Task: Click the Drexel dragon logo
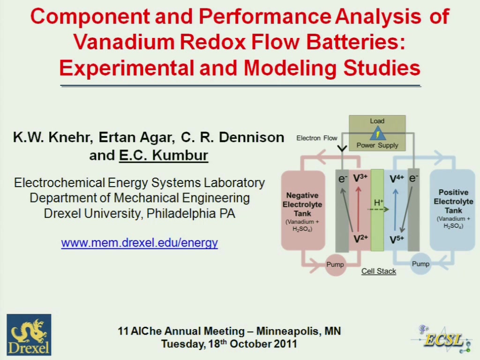click(29, 335)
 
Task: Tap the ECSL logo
click(443, 339)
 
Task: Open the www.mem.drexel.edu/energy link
click(139, 243)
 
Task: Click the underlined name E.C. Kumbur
click(164, 155)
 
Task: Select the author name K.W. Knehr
click(53, 137)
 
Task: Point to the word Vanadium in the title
click(124, 42)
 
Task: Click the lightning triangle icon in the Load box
click(377, 133)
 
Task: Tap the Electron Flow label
click(316, 138)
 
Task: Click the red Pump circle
click(335, 264)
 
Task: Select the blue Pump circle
click(420, 263)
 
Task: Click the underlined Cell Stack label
click(379, 271)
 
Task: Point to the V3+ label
click(360, 178)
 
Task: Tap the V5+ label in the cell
click(397, 240)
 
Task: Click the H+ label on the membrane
click(379, 202)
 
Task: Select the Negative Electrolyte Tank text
click(302, 204)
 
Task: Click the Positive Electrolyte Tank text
click(453, 201)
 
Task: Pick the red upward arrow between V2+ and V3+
click(358, 210)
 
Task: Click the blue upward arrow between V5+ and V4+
click(396, 210)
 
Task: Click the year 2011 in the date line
click(285, 344)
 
